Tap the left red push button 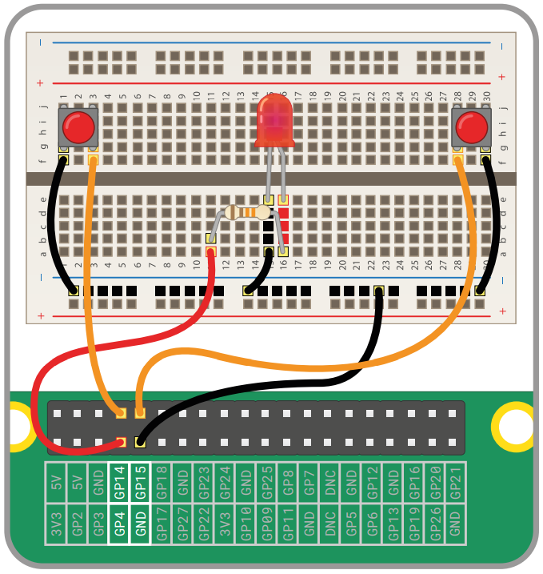pyautogui.click(x=78, y=126)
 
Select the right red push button pyautogui.click(x=472, y=126)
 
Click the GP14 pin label pyautogui.click(x=118, y=482)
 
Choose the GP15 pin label pyautogui.click(x=140, y=482)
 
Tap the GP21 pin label pyautogui.click(x=455, y=482)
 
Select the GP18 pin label pyautogui.click(x=161, y=482)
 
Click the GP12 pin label pyautogui.click(x=371, y=482)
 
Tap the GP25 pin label pyautogui.click(x=266, y=482)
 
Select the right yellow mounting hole pyautogui.click(x=512, y=423)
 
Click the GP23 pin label pyautogui.click(x=203, y=482)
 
